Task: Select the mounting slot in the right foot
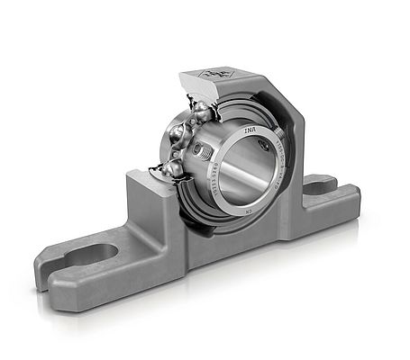point(322,185)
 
